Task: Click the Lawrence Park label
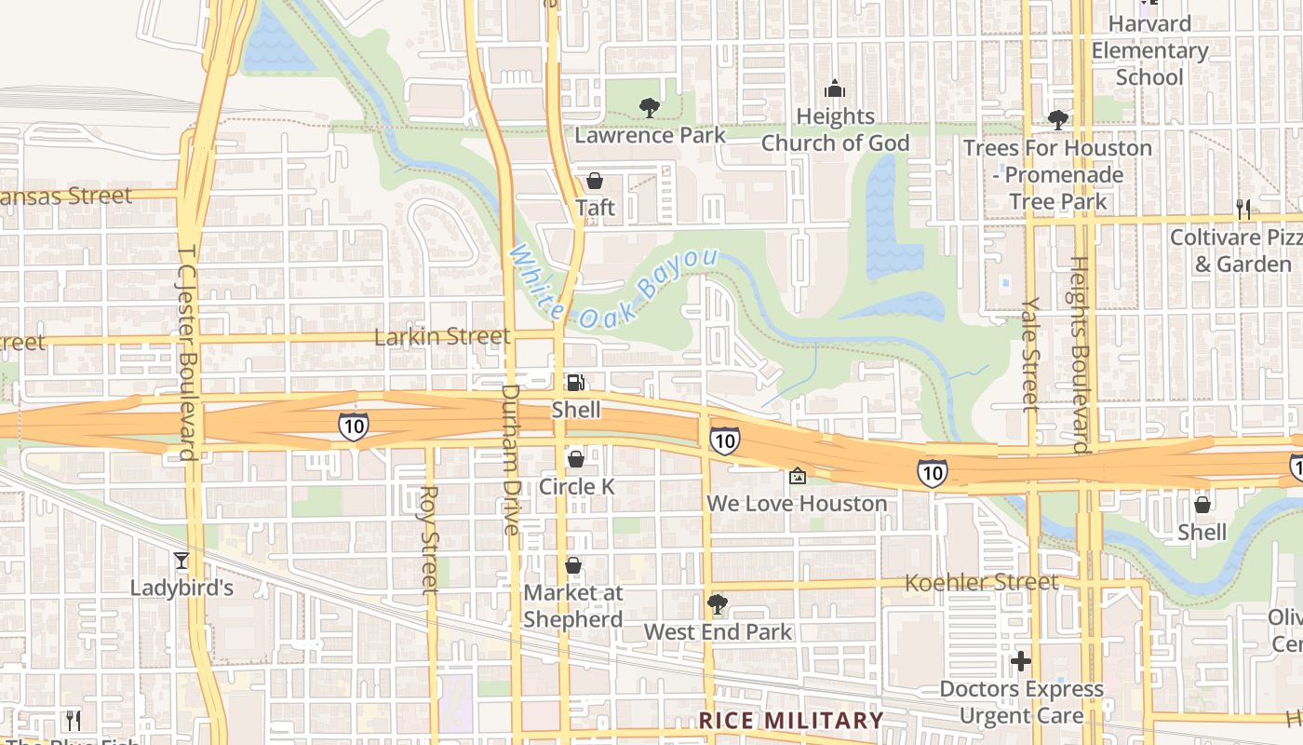pos(650,135)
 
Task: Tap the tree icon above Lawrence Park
pos(650,108)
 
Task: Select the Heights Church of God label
pos(835,129)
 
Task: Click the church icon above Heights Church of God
pos(835,88)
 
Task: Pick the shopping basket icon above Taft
pos(594,181)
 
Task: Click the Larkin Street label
pos(441,336)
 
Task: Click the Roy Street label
pos(429,540)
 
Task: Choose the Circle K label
pos(577,486)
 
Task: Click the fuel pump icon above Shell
pos(576,382)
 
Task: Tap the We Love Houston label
pos(797,504)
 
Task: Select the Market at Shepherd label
pos(573,605)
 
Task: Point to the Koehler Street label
pos(982,583)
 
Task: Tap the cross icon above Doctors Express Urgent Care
pos(1021,661)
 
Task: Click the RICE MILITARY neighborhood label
pos(791,720)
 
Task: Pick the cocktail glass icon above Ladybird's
pos(181,560)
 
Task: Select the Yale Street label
pos(1029,354)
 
